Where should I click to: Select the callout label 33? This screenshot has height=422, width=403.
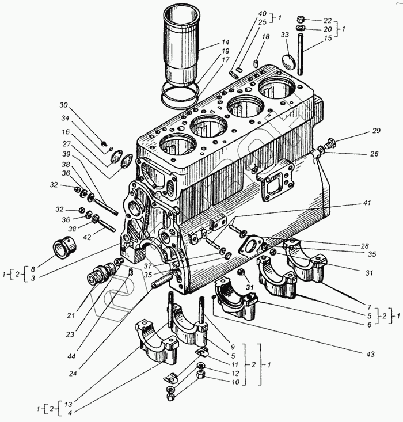pyautogui.click(x=284, y=35)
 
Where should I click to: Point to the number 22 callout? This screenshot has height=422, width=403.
pyautogui.click(x=328, y=19)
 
